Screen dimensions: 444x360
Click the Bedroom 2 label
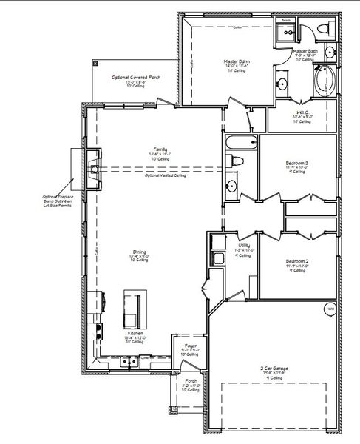coord(297,261)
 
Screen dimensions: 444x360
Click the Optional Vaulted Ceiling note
coord(165,175)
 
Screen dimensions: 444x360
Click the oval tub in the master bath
coord(324,81)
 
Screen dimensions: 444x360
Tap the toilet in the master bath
coord(322,29)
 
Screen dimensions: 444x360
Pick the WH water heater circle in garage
coord(330,308)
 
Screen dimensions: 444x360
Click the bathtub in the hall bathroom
coord(241,143)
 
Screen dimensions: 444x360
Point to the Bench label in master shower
coord(286,21)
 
